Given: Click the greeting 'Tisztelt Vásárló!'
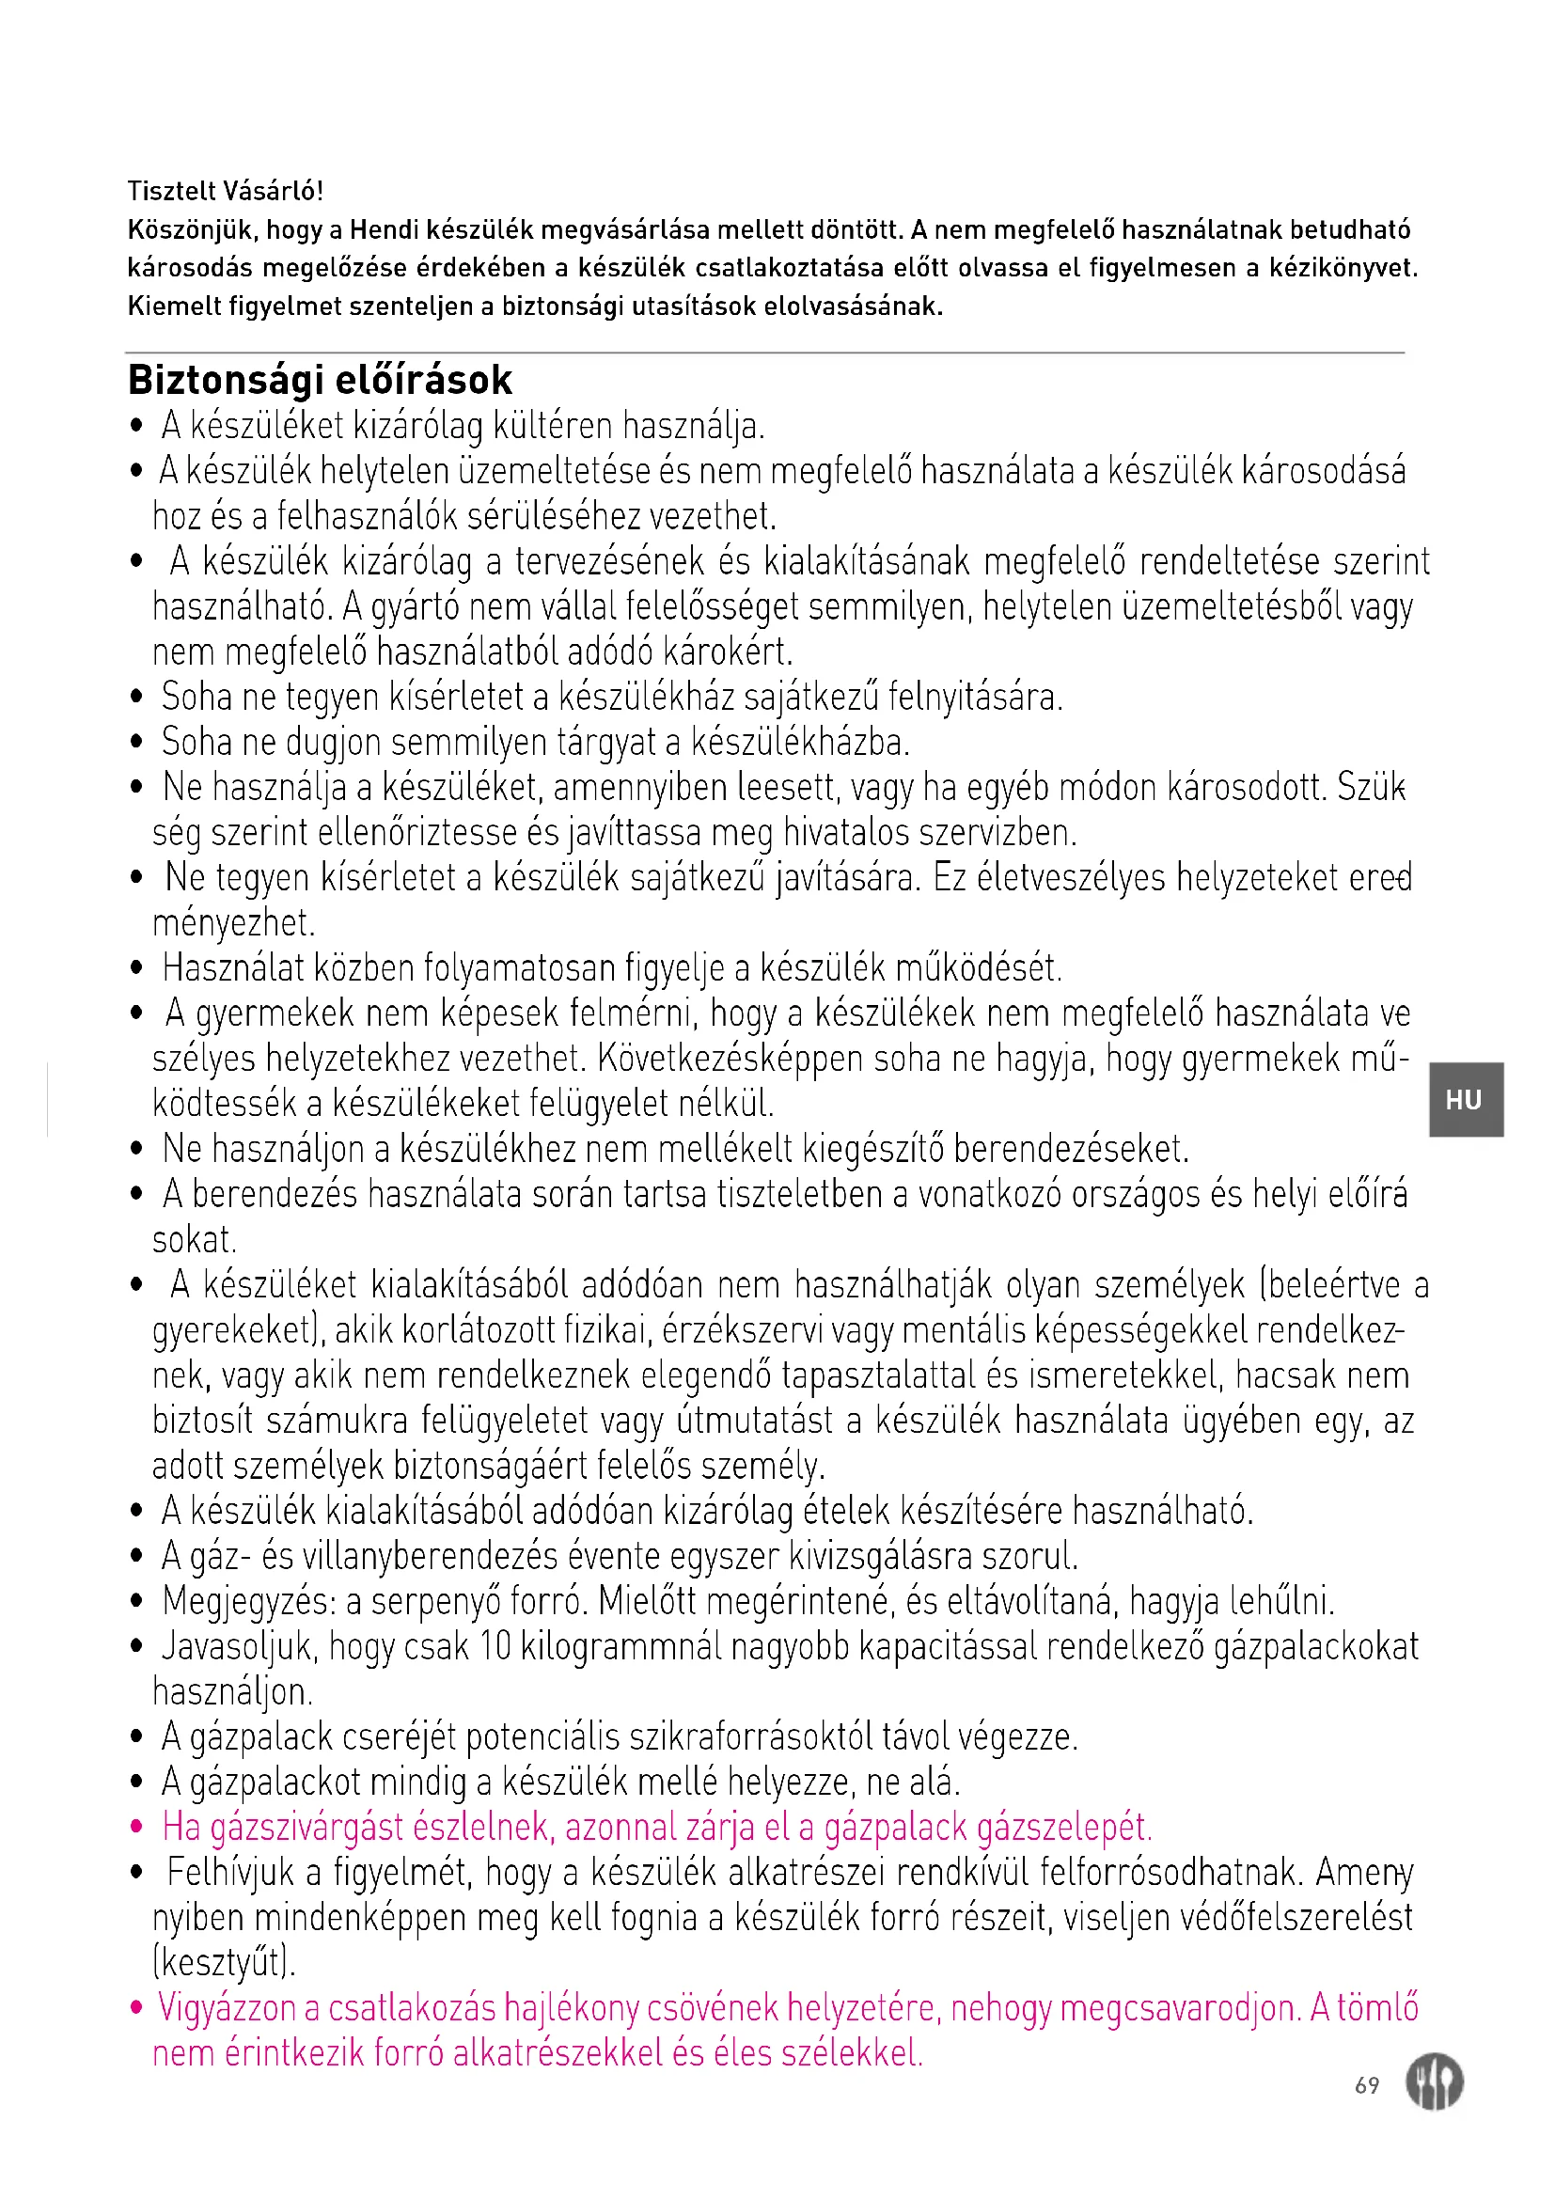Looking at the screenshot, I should [x=225, y=191].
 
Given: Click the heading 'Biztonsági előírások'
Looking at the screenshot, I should [x=320, y=380].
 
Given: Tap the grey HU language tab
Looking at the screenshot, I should [x=1465, y=1100].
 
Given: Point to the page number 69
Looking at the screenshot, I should [x=1366, y=2085].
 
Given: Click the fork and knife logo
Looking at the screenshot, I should [x=1434, y=2082].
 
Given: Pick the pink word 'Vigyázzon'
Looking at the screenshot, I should [x=227, y=2007].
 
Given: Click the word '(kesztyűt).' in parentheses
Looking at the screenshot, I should [x=224, y=1962].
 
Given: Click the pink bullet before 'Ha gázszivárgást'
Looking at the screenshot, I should [x=137, y=1828].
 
